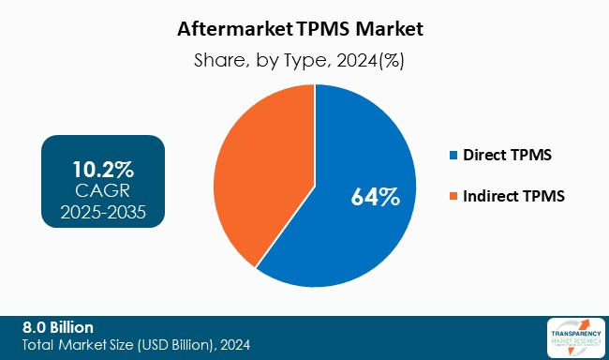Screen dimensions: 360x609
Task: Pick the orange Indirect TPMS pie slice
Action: [253, 169]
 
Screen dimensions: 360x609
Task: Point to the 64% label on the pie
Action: [375, 197]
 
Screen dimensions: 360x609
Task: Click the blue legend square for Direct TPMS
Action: [455, 154]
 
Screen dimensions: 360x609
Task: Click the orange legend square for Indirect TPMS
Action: [455, 196]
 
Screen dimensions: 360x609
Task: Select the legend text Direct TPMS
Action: [506, 154]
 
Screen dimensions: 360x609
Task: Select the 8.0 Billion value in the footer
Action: [58, 327]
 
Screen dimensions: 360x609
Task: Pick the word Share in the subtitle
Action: [218, 60]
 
